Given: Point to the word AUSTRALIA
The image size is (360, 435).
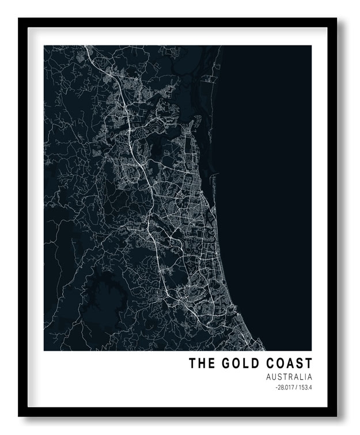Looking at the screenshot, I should (289, 377).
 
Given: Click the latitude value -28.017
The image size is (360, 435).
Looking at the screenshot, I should (285, 387).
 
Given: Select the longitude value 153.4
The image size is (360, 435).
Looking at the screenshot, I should (305, 387).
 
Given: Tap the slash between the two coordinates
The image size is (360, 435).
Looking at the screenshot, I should (297, 387).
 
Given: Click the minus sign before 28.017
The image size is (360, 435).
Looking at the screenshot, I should (276, 387).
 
